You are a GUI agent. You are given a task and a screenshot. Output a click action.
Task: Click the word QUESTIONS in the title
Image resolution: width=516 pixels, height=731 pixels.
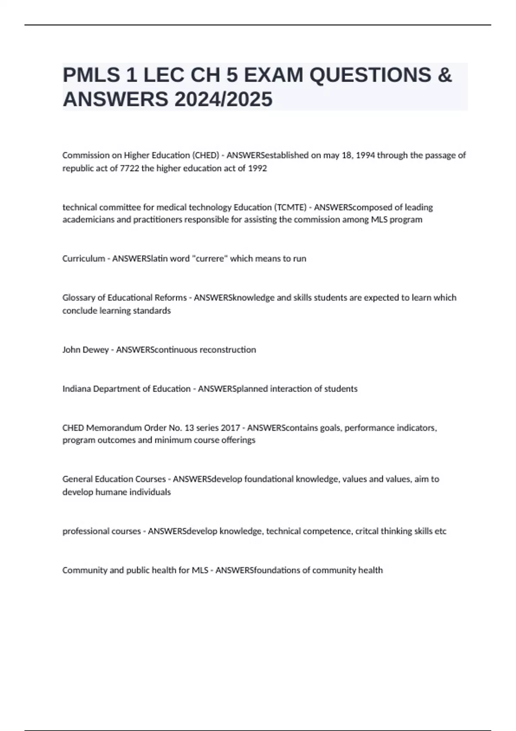click(370, 75)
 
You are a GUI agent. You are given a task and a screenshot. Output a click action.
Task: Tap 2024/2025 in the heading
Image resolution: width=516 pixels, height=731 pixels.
click(223, 99)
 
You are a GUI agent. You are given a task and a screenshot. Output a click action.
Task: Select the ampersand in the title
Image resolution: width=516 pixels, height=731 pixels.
click(445, 75)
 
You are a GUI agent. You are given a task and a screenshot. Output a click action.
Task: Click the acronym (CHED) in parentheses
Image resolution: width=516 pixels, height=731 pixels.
click(207, 155)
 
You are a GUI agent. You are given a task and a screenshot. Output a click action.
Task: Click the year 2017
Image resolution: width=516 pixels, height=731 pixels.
click(230, 428)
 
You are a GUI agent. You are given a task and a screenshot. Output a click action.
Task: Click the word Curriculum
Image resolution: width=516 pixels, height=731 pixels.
click(83, 258)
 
